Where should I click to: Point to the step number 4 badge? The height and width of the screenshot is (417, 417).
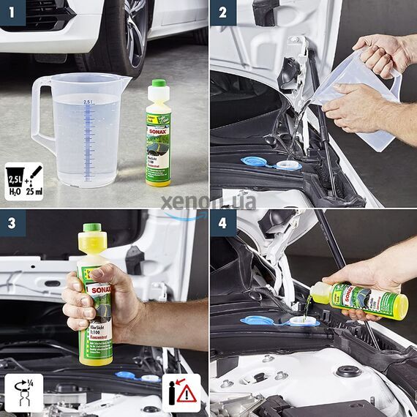(223, 222)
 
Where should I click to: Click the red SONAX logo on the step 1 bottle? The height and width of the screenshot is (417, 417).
(157, 131)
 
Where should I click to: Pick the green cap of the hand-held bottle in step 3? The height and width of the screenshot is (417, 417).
(91, 228)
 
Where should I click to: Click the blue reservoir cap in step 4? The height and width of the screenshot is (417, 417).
(258, 320)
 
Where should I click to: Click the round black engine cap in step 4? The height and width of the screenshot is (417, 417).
(347, 372)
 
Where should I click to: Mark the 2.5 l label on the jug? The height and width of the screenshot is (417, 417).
(88, 102)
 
